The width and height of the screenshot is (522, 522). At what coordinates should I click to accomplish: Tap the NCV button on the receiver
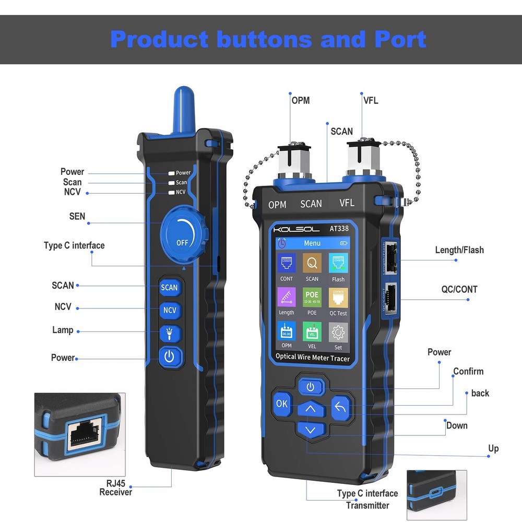pos(170,310)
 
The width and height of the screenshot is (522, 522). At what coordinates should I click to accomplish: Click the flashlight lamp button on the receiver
pos(169,333)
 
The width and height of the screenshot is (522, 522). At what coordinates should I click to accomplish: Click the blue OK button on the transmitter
pos(282,403)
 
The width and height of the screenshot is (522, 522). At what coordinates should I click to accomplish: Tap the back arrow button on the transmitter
pos(340,407)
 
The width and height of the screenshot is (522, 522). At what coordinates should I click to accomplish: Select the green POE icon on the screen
pos(312,298)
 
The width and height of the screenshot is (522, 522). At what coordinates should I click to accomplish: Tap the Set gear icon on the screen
pos(338,332)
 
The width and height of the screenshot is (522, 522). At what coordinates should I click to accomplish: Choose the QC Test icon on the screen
pos(338,298)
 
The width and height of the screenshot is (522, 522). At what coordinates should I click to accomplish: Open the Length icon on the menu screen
pos(286,298)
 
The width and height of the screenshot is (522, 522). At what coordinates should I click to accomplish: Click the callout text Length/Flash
pos(459,250)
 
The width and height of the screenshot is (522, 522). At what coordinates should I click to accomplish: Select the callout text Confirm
pos(468,372)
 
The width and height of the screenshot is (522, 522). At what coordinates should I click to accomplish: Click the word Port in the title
pos(400,40)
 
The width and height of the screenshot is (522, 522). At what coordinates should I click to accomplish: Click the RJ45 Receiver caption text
pos(115,488)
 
